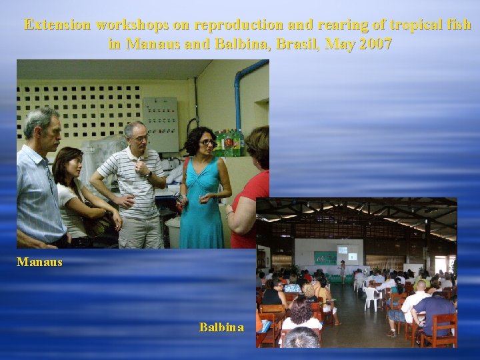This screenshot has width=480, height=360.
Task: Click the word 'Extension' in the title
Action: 57,25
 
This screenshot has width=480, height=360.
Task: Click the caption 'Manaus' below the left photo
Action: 39,262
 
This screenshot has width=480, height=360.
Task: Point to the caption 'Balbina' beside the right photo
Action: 221,327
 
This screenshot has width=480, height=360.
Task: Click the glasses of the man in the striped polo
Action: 139,137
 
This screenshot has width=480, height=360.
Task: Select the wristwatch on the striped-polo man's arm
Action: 149,175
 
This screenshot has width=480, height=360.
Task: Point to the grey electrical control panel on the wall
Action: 160,124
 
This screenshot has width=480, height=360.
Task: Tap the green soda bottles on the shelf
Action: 227,143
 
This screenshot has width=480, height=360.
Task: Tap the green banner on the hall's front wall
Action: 325,257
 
